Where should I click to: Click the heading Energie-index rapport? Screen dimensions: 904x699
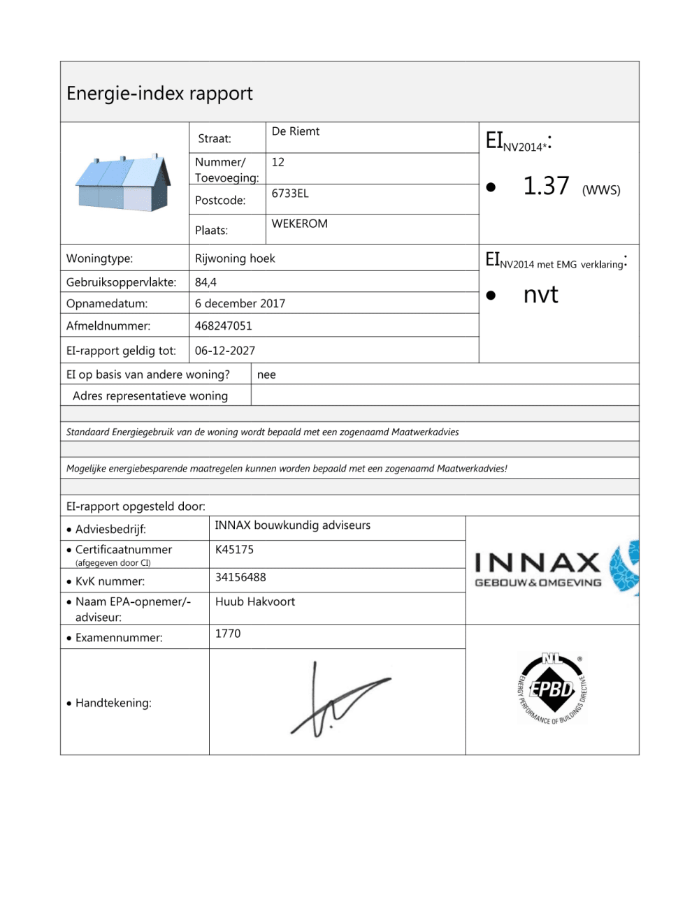pos(159,94)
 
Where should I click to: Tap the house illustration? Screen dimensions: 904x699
pos(124,183)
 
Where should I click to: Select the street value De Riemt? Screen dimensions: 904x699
pos(295,131)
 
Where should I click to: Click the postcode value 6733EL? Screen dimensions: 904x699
pos(290,194)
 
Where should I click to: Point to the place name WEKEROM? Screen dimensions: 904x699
pos(299,224)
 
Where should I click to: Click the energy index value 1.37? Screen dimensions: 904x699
pos(546,187)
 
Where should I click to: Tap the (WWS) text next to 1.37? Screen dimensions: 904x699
pos(601,190)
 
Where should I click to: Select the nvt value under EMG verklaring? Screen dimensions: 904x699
pos(540,295)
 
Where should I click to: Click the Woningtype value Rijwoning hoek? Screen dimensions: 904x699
pos(235,258)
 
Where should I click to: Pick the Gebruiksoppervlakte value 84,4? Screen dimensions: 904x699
pos(206,282)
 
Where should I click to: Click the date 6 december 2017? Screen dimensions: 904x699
pos(240,303)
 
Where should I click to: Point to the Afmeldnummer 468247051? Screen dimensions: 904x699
pos(223,326)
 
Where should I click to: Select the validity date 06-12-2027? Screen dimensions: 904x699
pos(224,351)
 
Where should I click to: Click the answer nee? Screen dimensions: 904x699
pos(266,374)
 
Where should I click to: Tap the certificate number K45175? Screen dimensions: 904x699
pos(234,550)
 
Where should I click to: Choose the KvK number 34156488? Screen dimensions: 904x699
pos(240,577)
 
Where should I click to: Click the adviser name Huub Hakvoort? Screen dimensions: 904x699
pos(255,602)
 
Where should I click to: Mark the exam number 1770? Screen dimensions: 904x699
pos(228,634)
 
